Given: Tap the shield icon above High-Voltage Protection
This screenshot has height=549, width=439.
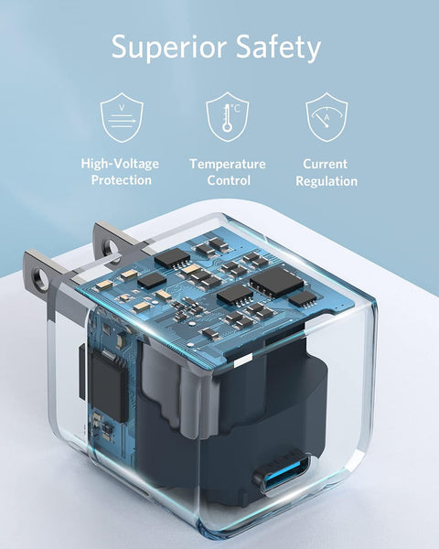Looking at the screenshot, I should (x=120, y=116).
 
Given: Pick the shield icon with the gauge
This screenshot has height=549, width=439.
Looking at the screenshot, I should (x=326, y=116).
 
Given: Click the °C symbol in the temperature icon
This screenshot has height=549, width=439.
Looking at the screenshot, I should (x=235, y=108).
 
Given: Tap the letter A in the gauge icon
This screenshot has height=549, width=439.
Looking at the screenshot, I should (x=327, y=116).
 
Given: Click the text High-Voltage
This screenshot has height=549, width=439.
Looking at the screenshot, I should (x=120, y=164).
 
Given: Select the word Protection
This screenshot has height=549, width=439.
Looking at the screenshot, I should (x=120, y=180).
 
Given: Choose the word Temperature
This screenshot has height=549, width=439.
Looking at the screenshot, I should (x=228, y=164).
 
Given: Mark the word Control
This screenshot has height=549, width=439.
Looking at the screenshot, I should (x=228, y=180).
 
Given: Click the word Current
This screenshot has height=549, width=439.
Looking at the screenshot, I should (x=326, y=164).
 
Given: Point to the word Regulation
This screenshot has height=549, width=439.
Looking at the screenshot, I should (x=326, y=180).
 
